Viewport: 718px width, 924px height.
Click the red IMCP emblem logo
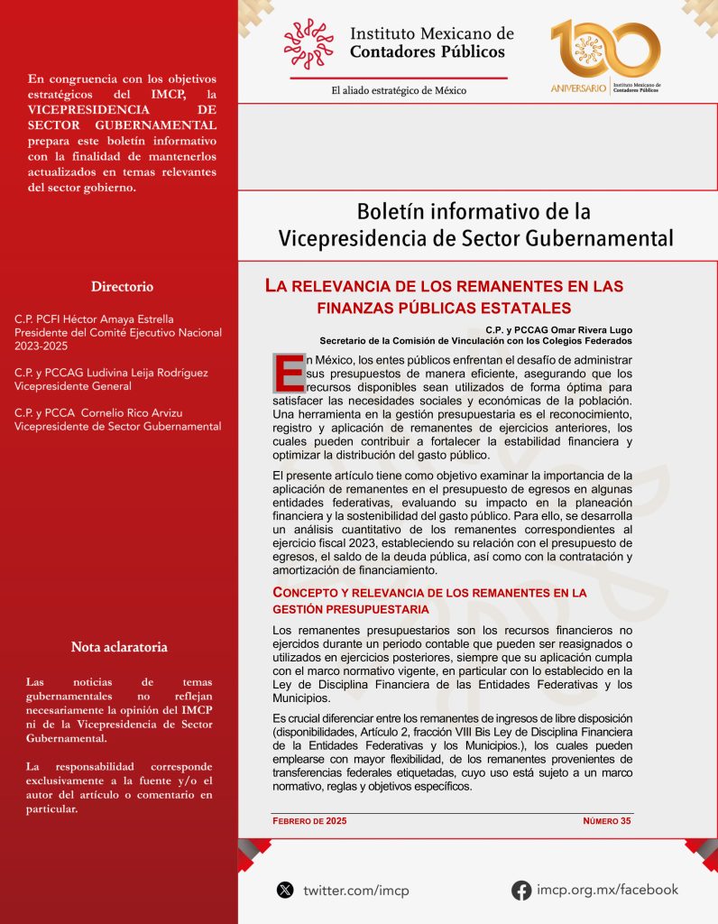point(308,43)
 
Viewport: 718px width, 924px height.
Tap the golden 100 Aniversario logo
point(604,57)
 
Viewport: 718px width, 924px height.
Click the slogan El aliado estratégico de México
point(398,90)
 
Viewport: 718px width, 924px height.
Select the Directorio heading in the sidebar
point(122,287)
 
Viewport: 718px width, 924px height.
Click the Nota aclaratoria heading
point(119,647)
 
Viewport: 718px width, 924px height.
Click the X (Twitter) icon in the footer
point(285,890)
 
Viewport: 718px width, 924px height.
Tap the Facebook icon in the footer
point(521,890)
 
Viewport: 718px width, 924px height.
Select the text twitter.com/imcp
point(355,891)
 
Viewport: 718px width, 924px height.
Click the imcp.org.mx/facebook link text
point(607,890)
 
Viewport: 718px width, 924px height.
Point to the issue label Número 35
point(606,821)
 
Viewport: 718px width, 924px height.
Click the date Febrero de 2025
point(309,821)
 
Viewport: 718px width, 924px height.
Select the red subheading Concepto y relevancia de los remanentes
point(429,601)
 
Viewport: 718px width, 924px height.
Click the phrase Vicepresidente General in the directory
point(73,386)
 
